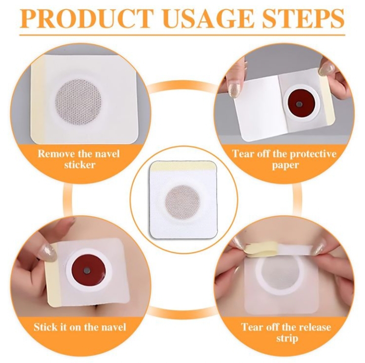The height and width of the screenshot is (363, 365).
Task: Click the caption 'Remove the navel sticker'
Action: click(79, 159)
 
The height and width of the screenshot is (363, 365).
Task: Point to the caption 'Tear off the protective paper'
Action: click(284, 159)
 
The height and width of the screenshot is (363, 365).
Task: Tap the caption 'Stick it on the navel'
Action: click(80, 327)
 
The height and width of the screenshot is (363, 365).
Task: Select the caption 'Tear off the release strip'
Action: click(286, 332)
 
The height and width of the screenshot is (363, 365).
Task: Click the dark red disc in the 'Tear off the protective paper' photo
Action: click(300, 104)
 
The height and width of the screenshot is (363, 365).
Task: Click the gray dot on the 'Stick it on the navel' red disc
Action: click(87, 271)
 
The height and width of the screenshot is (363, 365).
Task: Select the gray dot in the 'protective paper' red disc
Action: click(300, 104)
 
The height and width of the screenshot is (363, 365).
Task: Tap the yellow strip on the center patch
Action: click(183, 166)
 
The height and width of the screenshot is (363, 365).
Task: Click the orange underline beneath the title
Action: click(182, 35)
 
